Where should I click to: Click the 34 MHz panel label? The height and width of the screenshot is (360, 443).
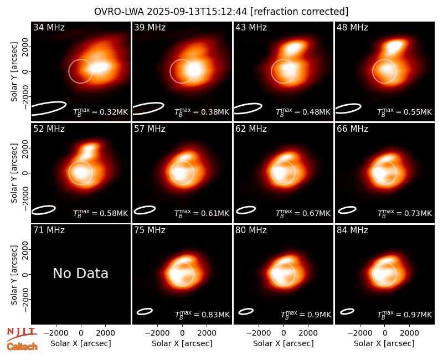pyautogui.click(x=49, y=27)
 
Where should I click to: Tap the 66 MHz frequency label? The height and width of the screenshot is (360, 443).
pyautogui.click(x=352, y=129)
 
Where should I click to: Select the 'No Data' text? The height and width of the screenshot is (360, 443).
pyautogui.click(x=80, y=273)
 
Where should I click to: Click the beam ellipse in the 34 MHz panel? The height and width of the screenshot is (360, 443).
pyautogui.click(x=48, y=109)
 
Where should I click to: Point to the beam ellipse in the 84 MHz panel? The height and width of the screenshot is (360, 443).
pyautogui.click(x=347, y=311)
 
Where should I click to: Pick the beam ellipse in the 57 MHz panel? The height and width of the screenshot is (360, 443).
pyautogui.click(x=145, y=210)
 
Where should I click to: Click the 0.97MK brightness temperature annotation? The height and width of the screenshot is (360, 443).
pyautogui.click(x=405, y=314)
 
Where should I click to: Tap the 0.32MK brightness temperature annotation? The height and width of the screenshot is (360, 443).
pyautogui.click(x=101, y=112)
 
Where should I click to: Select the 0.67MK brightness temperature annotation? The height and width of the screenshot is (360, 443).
pyautogui.click(x=303, y=213)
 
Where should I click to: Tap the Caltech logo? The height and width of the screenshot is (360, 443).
pyautogui.click(x=22, y=347)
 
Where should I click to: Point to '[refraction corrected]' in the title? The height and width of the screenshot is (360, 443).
pyautogui.click(x=299, y=12)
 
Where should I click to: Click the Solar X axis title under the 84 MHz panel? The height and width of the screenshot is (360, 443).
pyautogui.click(x=384, y=343)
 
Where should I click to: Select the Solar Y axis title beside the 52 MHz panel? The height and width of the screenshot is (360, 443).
pyautogui.click(x=14, y=173)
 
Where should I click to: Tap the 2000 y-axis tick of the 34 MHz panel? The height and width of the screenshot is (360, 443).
pyautogui.click(x=25, y=47)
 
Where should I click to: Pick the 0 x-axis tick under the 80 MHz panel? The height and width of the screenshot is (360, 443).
pyautogui.click(x=284, y=333)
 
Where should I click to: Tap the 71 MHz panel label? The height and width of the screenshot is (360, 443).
pyautogui.click(x=49, y=230)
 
